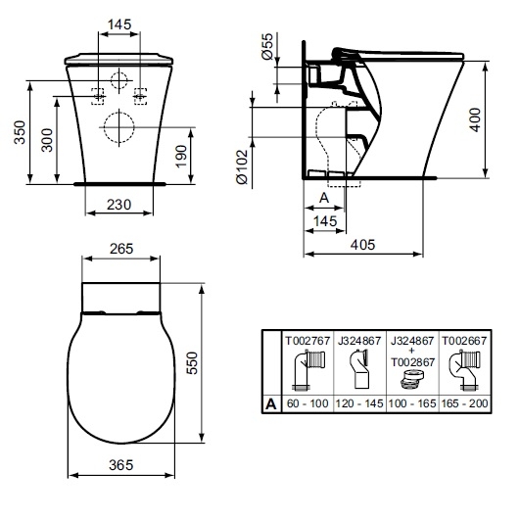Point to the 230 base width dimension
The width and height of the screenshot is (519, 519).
coord(118,207)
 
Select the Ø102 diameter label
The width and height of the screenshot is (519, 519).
coord(266,161)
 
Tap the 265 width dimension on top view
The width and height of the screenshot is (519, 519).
coord(120,249)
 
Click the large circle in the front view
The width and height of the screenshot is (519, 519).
coord(118,127)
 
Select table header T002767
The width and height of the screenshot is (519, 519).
coord(306,342)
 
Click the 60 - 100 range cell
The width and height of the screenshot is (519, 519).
coord(306,401)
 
